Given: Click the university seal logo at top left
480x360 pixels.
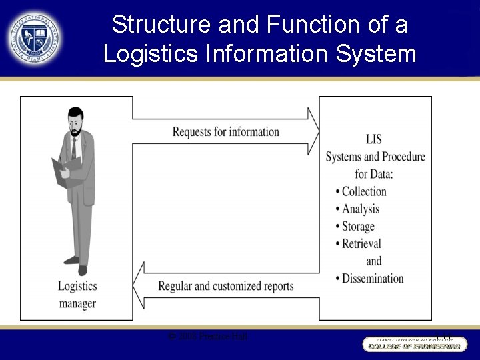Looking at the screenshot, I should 33,37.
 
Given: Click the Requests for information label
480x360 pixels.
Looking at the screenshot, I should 225,131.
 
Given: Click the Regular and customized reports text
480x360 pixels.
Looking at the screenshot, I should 225,286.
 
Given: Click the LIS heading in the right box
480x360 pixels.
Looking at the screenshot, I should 374,139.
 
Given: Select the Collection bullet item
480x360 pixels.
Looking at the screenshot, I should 364,191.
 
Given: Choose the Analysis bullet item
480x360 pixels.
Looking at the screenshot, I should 361,209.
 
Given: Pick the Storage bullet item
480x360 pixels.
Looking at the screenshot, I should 358,226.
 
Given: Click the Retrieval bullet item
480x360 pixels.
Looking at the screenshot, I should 361,243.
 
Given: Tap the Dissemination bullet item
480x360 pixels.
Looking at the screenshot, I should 373,278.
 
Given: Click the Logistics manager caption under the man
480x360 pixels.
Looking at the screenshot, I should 77,295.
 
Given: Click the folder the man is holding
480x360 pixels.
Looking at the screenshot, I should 66,171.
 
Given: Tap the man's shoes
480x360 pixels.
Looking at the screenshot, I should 77,266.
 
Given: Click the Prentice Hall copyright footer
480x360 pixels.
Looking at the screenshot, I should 208,337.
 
